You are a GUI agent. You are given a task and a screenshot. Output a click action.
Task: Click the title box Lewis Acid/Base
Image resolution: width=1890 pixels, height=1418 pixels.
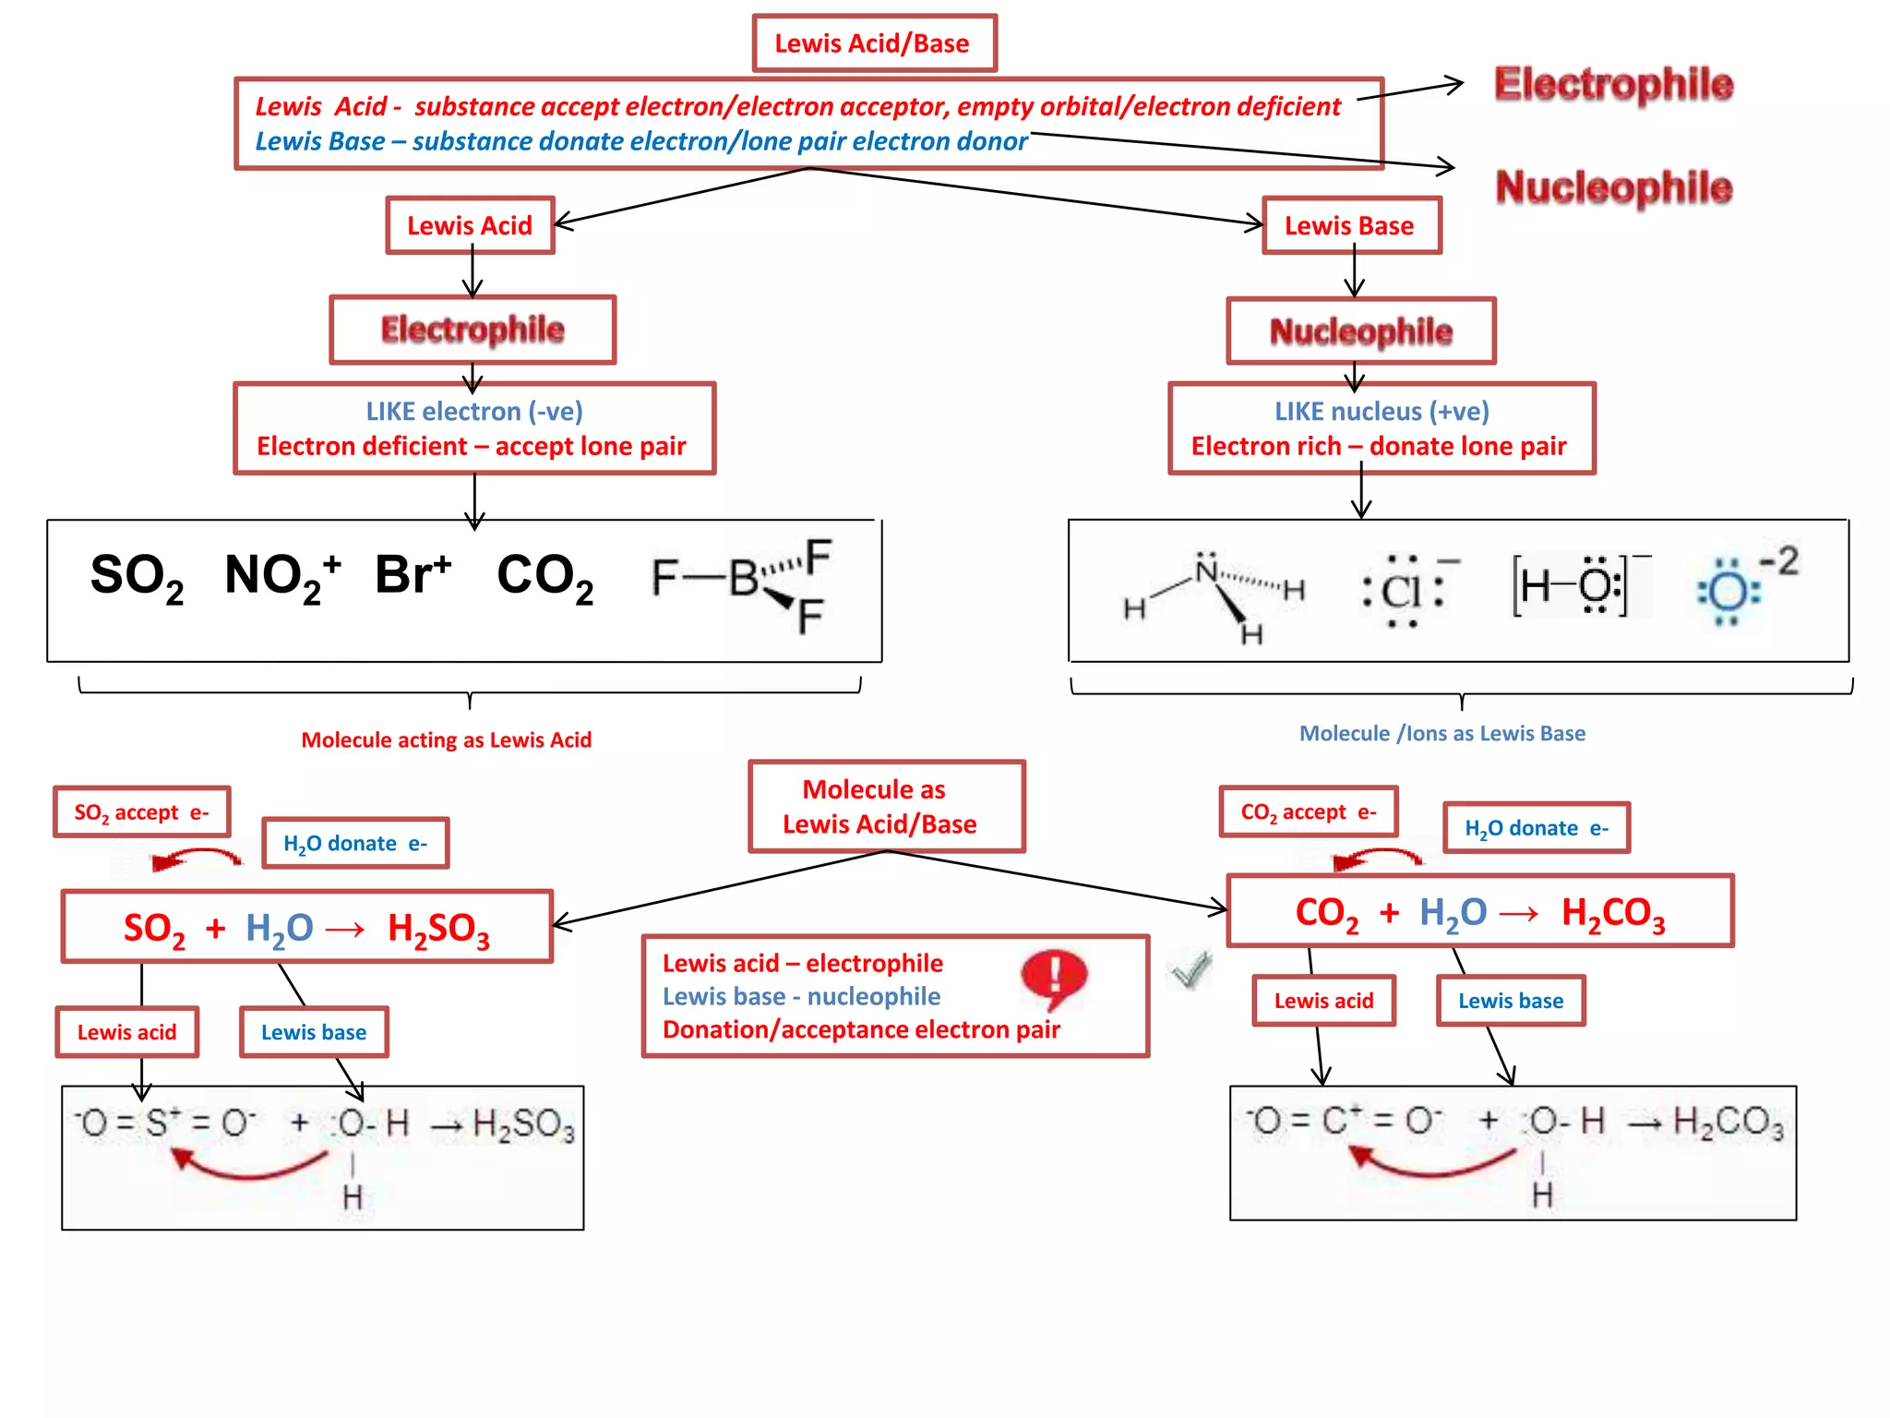coord(874,43)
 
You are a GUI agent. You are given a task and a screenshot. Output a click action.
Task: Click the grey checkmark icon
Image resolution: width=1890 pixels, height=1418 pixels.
coord(1190,969)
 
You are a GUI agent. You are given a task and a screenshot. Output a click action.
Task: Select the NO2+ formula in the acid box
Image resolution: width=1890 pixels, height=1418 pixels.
coord(282,576)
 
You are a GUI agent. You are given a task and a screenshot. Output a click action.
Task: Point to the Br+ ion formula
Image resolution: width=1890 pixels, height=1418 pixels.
coord(413,574)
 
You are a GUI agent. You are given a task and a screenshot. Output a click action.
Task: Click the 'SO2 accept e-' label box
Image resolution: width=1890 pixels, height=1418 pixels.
coord(142,812)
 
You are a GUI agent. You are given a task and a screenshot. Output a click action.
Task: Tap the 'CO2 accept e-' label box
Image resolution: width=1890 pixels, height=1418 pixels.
coord(1309,812)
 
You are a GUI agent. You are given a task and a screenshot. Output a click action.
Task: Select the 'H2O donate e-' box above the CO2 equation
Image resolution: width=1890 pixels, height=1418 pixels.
coord(1536,828)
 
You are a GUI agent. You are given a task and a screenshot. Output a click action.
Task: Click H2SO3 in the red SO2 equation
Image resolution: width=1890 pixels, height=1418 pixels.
coord(438,929)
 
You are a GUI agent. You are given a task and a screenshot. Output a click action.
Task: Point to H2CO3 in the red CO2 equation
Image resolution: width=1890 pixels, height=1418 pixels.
coord(1612,913)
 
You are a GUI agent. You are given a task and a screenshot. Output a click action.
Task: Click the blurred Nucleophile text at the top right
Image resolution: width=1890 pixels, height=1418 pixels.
coord(1613,187)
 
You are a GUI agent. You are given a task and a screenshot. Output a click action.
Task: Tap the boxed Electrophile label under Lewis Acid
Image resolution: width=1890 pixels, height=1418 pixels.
coord(472,330)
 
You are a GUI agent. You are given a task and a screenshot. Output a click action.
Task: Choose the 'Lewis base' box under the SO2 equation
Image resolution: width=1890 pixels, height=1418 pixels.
coord(314,1032)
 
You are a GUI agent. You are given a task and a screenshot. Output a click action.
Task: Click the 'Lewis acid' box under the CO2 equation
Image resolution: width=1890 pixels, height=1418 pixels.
coord(1323,1001)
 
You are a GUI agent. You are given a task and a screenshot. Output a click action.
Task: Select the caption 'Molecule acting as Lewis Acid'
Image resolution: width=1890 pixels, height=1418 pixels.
coord(446,740)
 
